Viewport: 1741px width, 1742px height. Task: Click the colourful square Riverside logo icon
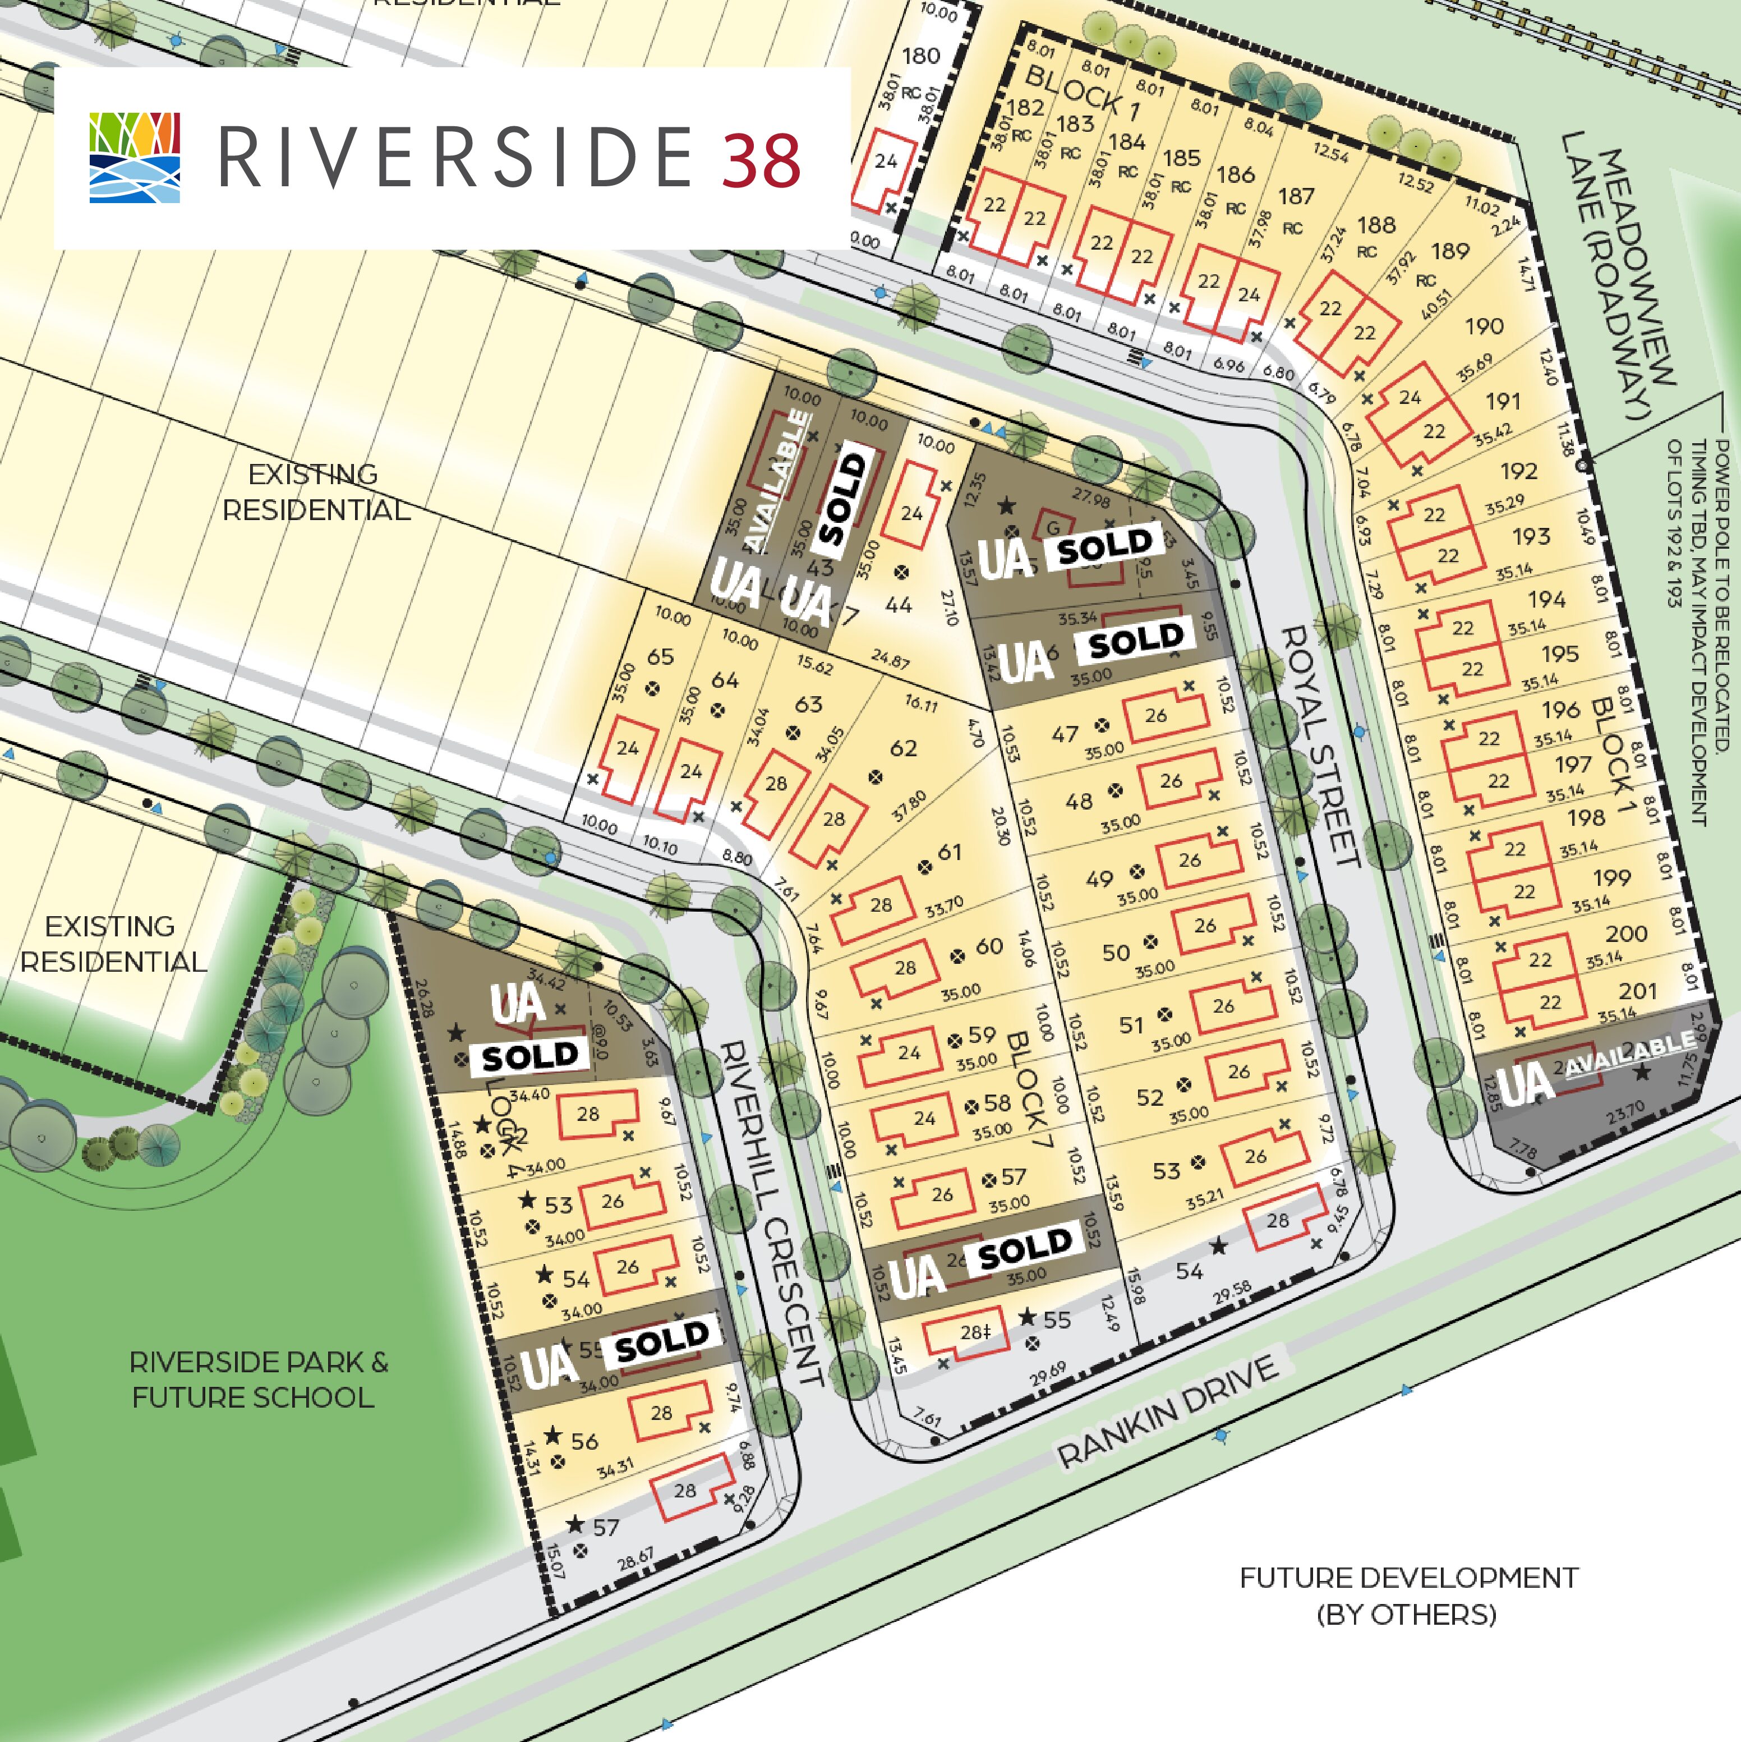click(x=135, y=157)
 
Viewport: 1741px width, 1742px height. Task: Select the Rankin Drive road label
click(x=1168, y=1411)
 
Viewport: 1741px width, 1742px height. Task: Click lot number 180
click(x=920, y=56)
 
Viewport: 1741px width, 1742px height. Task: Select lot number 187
click(x=1296, y=196)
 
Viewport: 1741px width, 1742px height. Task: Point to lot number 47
click(x=1065, y=734)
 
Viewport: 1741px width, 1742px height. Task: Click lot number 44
click(x=898, y=605)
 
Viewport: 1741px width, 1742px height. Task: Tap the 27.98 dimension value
click(x=1090, y=498)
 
